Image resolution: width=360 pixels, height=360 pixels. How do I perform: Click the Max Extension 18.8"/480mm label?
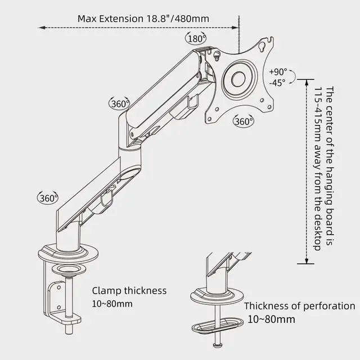[x=143, y=18]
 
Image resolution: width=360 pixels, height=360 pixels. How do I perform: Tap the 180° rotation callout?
[x=195, y=39]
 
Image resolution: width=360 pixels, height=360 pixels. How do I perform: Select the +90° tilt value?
[x=278, y=71]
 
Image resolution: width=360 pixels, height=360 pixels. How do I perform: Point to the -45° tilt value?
[x=277, y=82]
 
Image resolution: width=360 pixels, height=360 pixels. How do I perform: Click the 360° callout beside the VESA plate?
[x=243, y=121]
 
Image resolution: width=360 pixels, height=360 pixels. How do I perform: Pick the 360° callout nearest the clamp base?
[x=48, y=198]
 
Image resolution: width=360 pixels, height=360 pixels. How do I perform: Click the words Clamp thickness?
[x=129, y=291]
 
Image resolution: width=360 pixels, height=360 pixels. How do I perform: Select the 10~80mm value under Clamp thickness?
[x=112, y=304]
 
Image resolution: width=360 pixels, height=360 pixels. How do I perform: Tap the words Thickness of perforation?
[x=299, y=306]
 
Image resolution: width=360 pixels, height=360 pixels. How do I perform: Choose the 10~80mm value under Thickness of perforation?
[x=271, y=319]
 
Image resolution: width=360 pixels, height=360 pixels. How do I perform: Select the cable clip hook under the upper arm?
[x=193, y=103]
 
